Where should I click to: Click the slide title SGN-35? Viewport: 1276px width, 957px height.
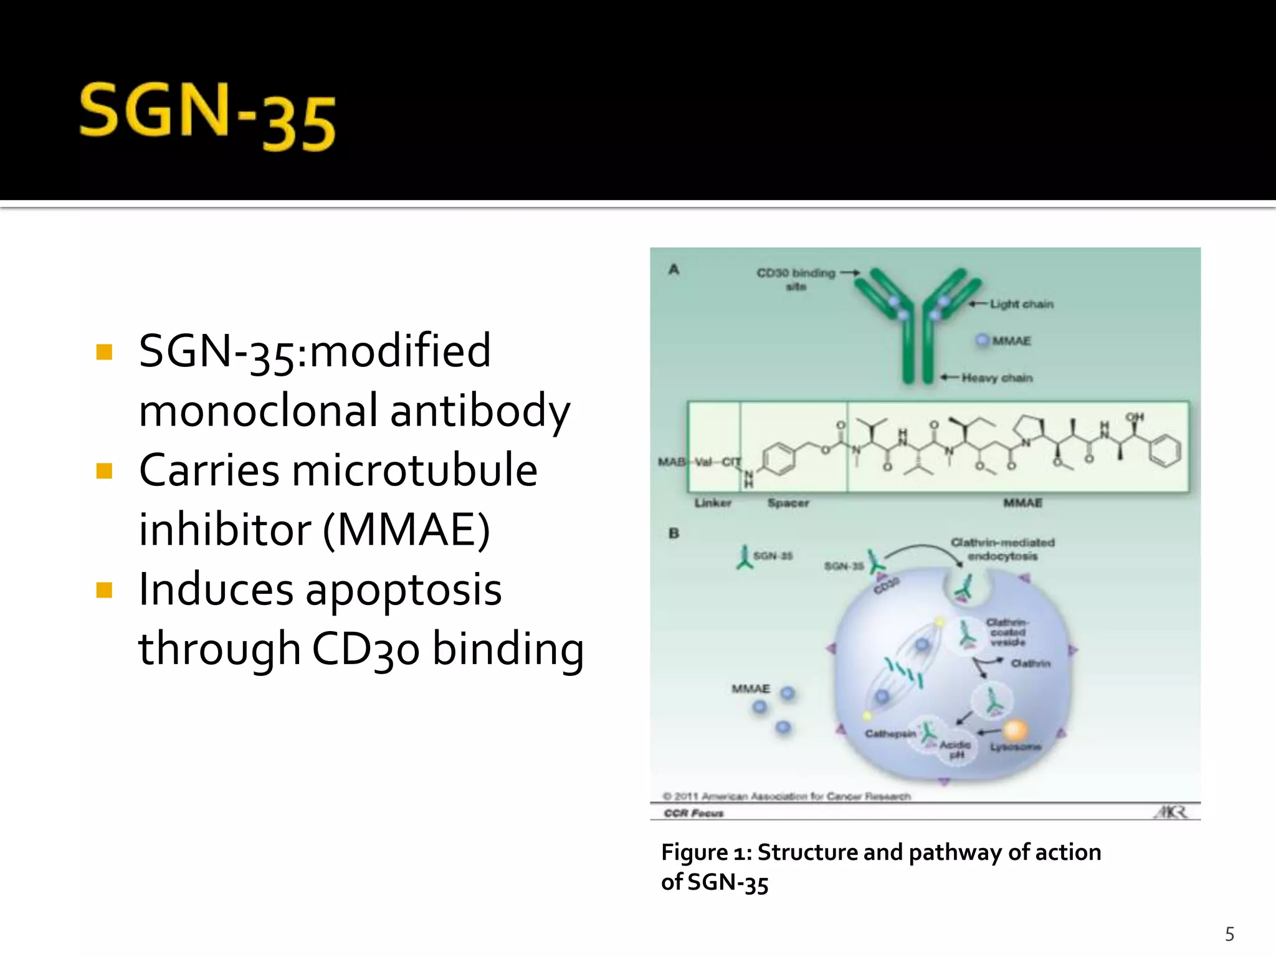(x=207, y=117)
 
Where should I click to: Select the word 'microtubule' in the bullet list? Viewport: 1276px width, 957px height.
(x=414, y=470)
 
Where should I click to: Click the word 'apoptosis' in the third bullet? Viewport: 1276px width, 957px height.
(x=403, y=589)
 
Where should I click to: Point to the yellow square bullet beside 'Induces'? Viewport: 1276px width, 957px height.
(x=105, y=589)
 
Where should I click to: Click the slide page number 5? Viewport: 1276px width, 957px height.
(x=1229, y=934)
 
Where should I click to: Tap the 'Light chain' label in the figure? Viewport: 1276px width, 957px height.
(x=1022, y=304)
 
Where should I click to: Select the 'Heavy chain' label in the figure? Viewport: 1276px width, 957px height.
(x=997, y=378)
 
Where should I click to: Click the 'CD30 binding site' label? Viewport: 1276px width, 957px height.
(x=796, y=279)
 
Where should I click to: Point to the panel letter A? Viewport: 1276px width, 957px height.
(x=674, y=270)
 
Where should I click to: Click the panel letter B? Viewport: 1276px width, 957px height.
(x=674, y=533)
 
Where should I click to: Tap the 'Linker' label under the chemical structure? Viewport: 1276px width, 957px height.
(x=713, y=503)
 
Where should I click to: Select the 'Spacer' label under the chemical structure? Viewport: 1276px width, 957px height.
(x=788, y=503)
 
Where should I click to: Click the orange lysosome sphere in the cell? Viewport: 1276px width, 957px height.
(x=1015, y=730)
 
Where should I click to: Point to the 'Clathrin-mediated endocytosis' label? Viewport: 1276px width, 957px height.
(x=1002, y=549)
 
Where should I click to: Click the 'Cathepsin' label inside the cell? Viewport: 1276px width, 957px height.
(x=890, y=734)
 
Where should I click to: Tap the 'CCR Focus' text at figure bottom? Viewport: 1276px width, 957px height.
(x=693, y=813)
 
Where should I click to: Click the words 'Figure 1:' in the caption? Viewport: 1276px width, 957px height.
(x=707, y=852)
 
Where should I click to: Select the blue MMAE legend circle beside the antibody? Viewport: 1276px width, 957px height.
(x=983, y=340)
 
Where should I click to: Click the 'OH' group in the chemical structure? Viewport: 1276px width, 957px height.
(x=1134, y=416)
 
